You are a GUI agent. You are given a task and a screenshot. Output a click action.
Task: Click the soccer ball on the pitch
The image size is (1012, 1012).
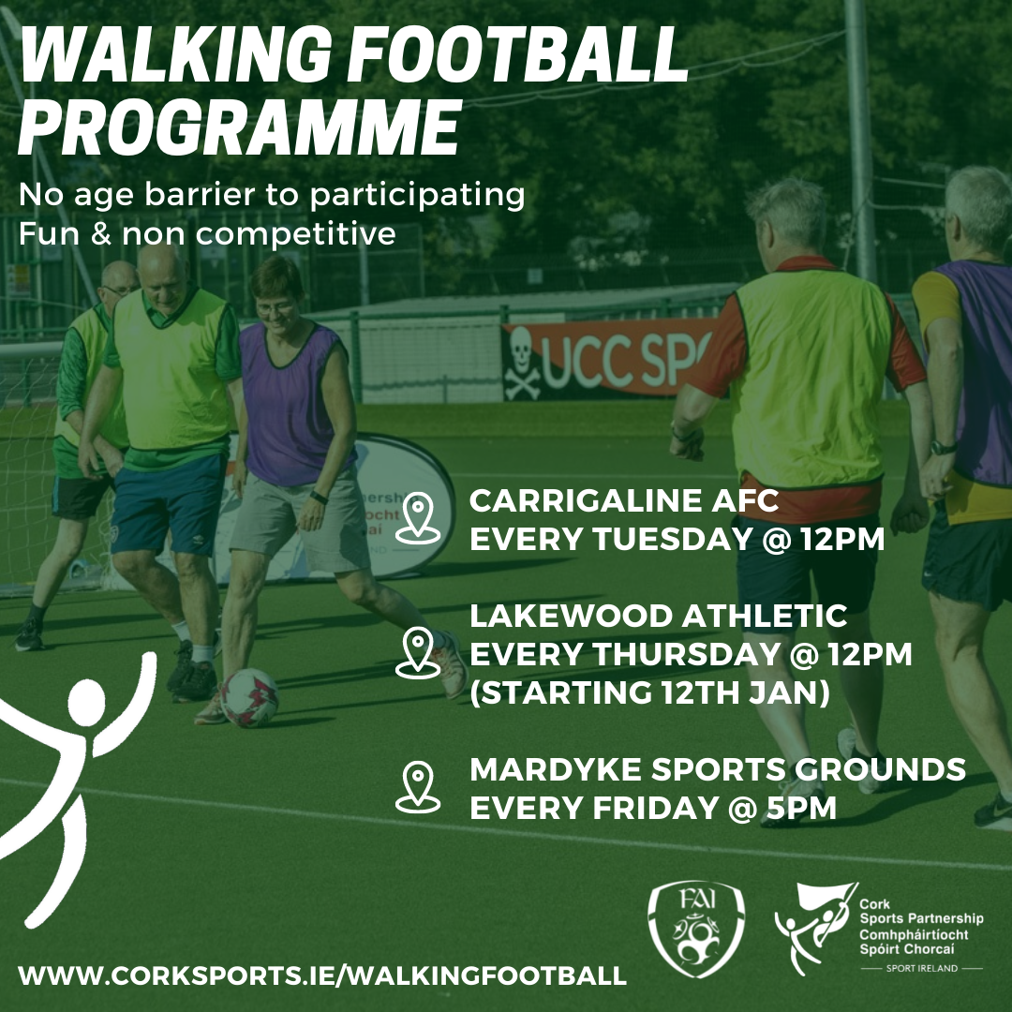249,698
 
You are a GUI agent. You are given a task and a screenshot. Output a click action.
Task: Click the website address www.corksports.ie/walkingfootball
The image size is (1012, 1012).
322,975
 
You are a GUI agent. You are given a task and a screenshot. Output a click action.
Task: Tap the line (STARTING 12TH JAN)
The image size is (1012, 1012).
649,693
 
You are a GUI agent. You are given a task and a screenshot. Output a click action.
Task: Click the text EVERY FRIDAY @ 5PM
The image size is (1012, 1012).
652,808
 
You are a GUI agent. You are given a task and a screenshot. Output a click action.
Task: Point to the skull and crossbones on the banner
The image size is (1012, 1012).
523,364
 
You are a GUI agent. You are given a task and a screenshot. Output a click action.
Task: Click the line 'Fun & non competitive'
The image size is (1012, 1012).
207,233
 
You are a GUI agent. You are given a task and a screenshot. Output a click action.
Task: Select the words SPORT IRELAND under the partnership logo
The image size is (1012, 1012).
921,968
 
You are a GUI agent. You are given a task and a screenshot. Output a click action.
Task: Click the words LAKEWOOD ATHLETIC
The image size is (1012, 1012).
658,616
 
